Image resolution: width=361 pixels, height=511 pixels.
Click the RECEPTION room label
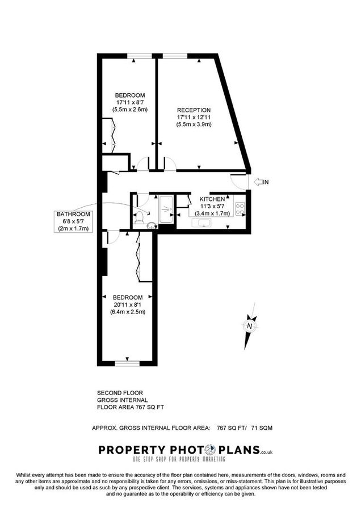pyautogui.click(x=194, y=110)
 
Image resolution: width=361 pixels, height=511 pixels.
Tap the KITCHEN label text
pyautogui.click(x=212, y=199)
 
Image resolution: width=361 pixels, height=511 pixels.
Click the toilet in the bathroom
pyautogui.click(x=140, y=214)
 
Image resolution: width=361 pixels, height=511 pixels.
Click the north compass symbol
pyautogui.click(x=248, y=327)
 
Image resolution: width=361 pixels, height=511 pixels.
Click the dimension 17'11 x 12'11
pyautogui.click(x=194, y=117)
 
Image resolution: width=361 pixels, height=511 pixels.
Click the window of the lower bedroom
pyautogui.click(x=128, y=363)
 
